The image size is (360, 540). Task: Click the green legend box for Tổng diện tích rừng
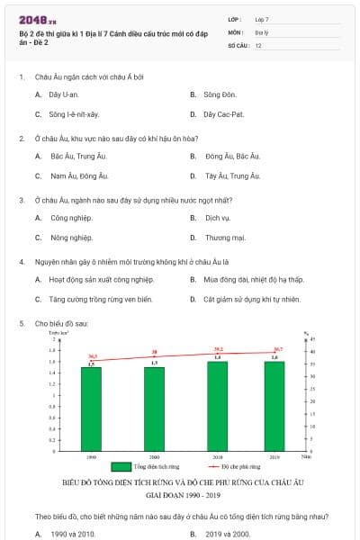[x=121, y=467]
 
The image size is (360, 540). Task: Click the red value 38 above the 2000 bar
[x=155, y=352]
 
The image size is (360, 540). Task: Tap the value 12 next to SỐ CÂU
[x=258, y=44]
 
